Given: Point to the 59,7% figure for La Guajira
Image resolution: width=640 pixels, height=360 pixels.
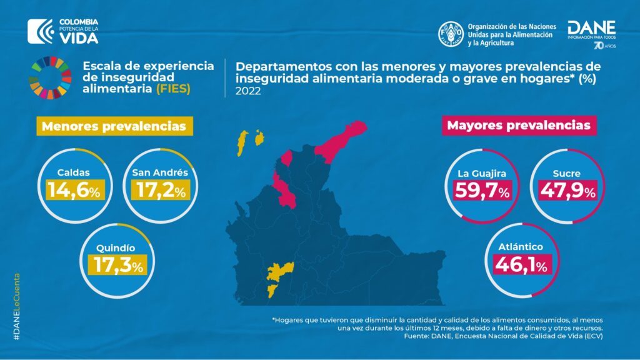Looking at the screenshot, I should pos(477,191).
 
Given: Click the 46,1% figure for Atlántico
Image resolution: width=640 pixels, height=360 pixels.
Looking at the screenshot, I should pos(521,265).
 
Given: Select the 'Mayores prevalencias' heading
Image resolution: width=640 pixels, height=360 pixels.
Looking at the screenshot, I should pos(518,125).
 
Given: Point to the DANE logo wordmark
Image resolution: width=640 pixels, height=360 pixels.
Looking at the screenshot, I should pos(591,28).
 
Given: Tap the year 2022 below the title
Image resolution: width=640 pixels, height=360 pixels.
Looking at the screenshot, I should pos(246,91).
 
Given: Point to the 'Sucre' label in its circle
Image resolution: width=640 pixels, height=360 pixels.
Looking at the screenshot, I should pos(563,172).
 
